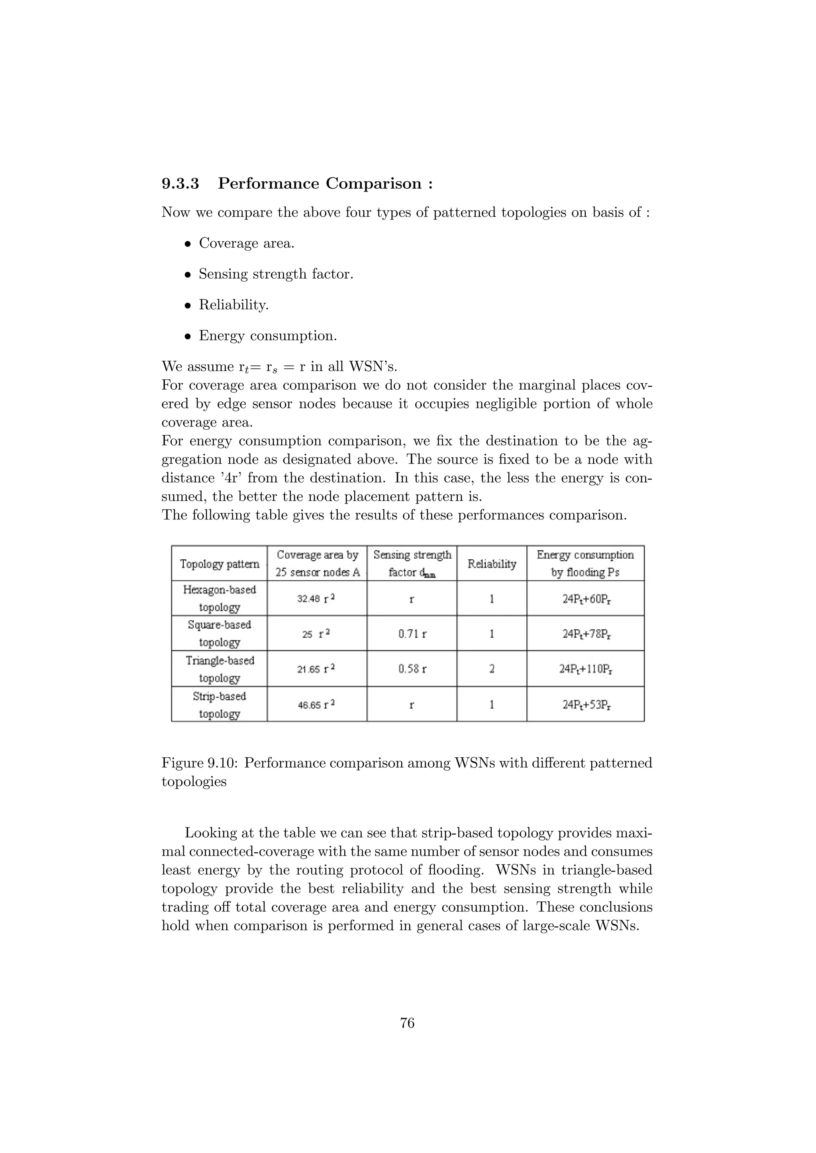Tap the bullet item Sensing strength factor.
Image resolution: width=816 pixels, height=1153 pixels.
point(276,274)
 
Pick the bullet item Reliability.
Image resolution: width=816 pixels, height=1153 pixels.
point(233,305)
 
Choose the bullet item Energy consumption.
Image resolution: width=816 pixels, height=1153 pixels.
point(267,336)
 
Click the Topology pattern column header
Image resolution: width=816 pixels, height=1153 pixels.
point(220,563)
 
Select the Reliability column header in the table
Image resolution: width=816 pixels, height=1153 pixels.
point(491,563)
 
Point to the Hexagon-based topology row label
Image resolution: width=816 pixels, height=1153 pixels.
point(220,598)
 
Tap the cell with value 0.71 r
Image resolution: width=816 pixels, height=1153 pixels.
point(412,634)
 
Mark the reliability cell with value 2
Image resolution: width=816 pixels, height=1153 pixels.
point(491,669)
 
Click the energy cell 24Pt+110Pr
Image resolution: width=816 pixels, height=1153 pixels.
point(585,669)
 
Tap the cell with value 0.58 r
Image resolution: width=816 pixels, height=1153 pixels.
point(412,669)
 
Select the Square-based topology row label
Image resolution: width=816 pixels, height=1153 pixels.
point(220,633)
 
